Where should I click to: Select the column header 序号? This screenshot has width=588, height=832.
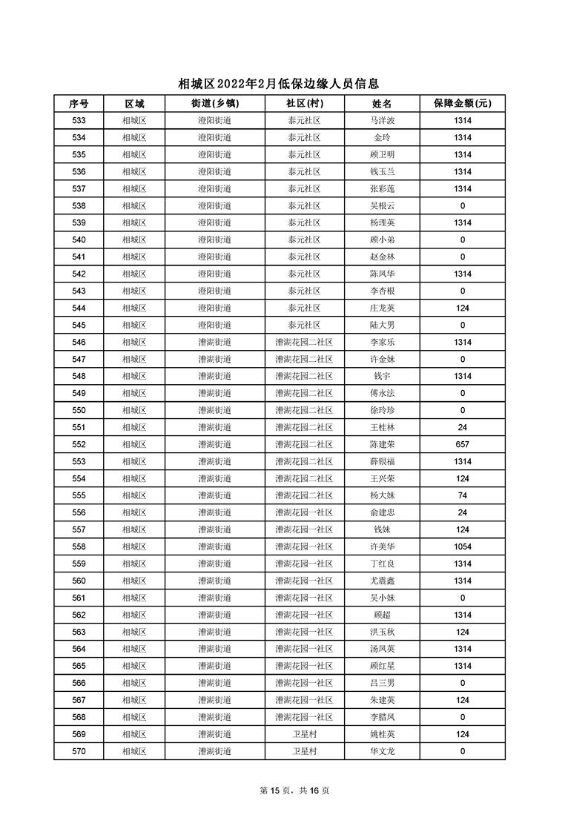(x=79, y=104)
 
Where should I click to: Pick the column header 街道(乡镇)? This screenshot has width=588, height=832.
(x=215, y=104)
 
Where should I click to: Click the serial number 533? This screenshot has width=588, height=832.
(x=79, y=121)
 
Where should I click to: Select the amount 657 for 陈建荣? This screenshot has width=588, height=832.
(x=463, y=444)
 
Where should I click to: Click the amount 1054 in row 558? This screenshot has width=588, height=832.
(x=463, y=547)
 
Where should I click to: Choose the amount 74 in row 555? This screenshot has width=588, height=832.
(x=463, y=495)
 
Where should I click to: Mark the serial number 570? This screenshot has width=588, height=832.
(x=79, y=751)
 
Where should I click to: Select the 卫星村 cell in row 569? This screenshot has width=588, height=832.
(x=304, y=734)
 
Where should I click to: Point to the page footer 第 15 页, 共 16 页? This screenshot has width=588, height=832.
(x=294, y=790)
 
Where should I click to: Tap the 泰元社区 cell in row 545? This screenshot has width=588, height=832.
(x=304, y=325)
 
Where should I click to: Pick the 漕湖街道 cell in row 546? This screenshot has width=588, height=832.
(x=215, y=342)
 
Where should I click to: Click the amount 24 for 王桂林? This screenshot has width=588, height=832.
(x=463, y=427)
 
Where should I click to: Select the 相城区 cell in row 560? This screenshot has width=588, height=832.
(x=134, y=581)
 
